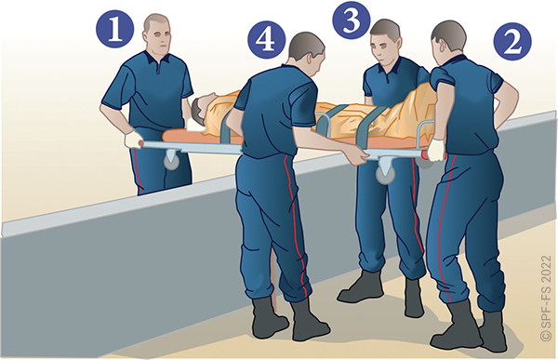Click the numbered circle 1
click(x=114, y=29)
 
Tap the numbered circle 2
click(x=512, y=41)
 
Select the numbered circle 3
click(x=352, y=20)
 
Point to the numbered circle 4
click(x=267, y=39)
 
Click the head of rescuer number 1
click(x=157, y=33)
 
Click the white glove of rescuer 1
click(x=133, y=140)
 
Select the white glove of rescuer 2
click(x=435, y=150)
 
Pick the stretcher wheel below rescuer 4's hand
click(x=386, y=175)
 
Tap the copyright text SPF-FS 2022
click(x=546, y=298)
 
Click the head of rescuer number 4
click(x=306, y=53)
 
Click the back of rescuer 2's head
click(x=448, y=37)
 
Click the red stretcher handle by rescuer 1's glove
click(x=141, y=144)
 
